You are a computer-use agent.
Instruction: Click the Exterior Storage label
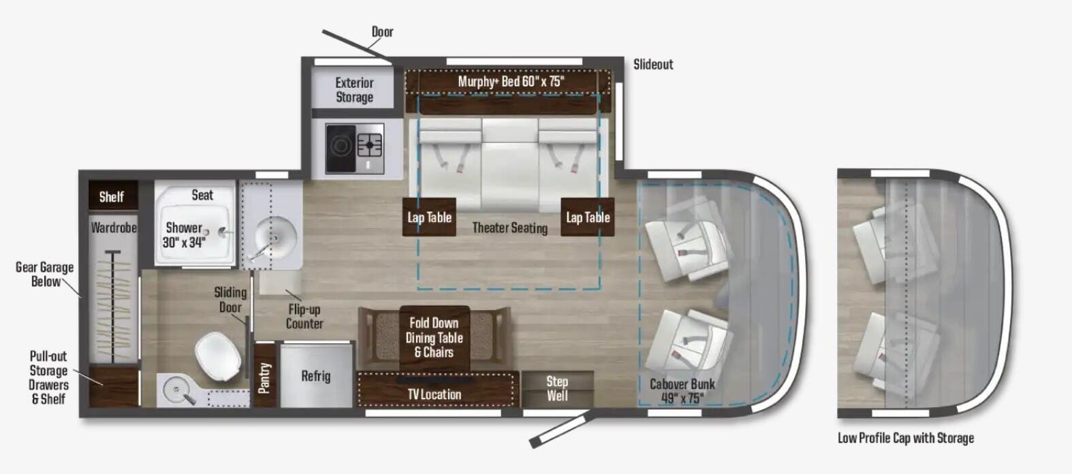(354, 90)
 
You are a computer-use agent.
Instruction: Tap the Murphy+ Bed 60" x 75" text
(511, 82)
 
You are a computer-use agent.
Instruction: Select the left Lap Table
(429, 217)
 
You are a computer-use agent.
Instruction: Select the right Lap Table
(588, 217)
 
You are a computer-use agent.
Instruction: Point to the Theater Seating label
(509, 228)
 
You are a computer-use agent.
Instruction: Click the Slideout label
(652, 65)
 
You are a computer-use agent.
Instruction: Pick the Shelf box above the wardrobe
(112, 197)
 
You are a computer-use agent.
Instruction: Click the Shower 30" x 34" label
(184, 235)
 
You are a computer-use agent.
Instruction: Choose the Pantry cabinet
(264, 377)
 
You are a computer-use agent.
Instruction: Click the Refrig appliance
(316, 376)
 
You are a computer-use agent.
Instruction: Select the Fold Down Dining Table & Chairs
(435, 338)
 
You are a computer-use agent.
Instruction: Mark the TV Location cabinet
(435, 394)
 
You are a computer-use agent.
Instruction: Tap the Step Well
(557, 388)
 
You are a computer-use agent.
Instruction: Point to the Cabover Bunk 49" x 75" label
(682, 391)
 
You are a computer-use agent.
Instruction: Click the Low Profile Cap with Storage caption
(905, 438)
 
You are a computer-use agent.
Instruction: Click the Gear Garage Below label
(44, 274)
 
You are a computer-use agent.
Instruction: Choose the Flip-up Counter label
(304, 317)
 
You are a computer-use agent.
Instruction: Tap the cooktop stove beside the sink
(354, 148)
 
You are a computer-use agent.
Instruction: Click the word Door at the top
(382, 32)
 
